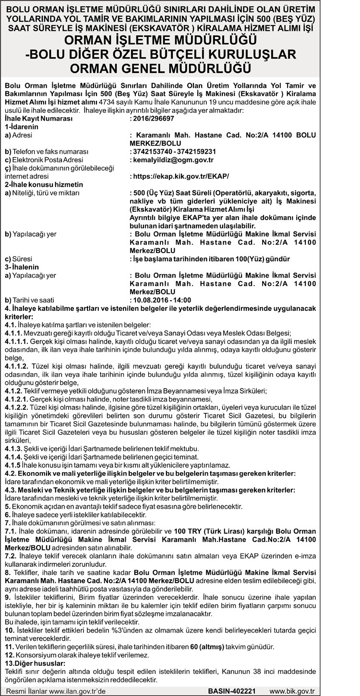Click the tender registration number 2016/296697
(x=152, y=118)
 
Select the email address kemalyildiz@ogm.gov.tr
(x=171, y=159)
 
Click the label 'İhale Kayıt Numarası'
(x=38, y=118)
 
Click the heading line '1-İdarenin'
(x=21, y=126)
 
